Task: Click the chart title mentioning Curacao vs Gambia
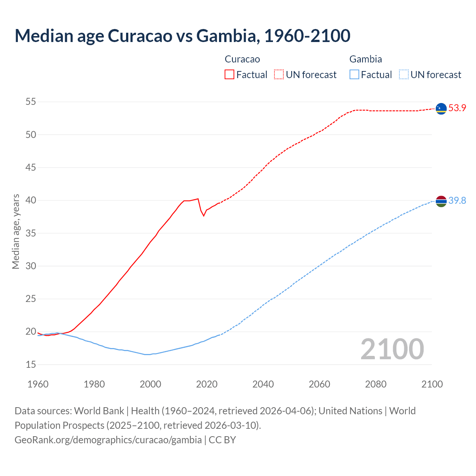click(182, 36)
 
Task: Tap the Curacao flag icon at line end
click(441, 108)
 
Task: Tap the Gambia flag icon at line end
click(441, 201)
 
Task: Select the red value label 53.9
click(457, 108)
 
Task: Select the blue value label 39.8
click(457, 201)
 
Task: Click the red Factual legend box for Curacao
click(229, 75)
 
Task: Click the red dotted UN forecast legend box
click(279, 75)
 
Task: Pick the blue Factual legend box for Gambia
click(354, 75)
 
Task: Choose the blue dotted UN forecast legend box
click(403, 75)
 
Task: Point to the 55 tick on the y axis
click(31, 102)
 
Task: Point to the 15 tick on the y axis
click(31, 364)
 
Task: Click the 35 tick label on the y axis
click(31, 233)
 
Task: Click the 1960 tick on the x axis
click(38, 384)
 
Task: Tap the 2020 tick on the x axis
click(207, 384)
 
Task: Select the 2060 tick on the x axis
click(319, 384)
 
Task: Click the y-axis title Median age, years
click(16, 231)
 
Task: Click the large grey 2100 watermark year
click(392, 349)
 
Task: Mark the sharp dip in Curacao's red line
click(203, 215)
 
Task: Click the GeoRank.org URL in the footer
click(108, 440)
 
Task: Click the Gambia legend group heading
click(366, 59)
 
